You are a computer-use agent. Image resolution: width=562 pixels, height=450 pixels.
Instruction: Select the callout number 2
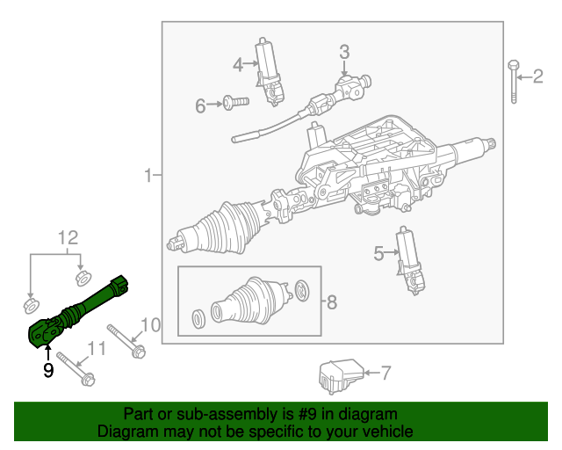538,77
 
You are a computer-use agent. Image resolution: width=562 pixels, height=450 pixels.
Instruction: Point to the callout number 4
238,64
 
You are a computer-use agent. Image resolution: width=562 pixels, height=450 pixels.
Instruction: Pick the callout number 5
378,254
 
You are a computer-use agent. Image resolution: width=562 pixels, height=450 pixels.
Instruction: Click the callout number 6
200,106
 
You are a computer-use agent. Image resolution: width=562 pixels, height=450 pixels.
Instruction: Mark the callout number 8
331,302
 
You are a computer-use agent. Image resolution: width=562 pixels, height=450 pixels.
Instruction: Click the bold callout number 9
48,371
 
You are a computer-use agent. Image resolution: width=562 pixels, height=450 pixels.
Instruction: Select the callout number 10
150,326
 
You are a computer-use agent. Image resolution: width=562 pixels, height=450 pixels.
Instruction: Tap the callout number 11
97,349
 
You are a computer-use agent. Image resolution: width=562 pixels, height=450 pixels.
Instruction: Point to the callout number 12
68,237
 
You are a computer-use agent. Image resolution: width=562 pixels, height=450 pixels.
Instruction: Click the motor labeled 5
408,261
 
